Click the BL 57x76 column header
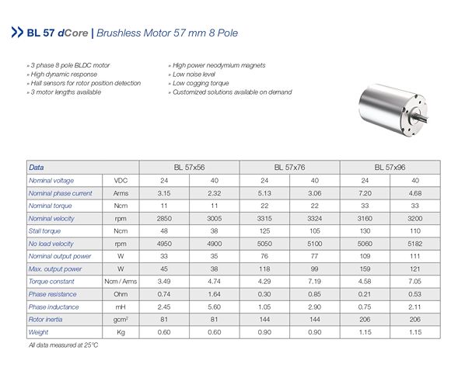[x=290, y=167]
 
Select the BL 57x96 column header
[x=390, y=167]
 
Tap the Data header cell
[x=37, y=167]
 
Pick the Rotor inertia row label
[x=48, y=319]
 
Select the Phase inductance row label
[x=54, y=307]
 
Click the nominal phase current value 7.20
[x=365, y=192]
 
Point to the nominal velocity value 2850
[x=164, y=218]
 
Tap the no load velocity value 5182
[x=415, y=243]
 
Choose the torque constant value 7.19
[x=315, y=281]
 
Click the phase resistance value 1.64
[x=215, y=294]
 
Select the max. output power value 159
[x=365, y=268]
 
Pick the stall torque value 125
[x=265, y=230]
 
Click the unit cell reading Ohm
[x=121, y=294]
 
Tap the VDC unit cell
[x=121, y=180]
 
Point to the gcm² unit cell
[x=121, y=319]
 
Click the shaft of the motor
[x=426, y=121]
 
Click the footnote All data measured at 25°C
[x=65, y=345]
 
